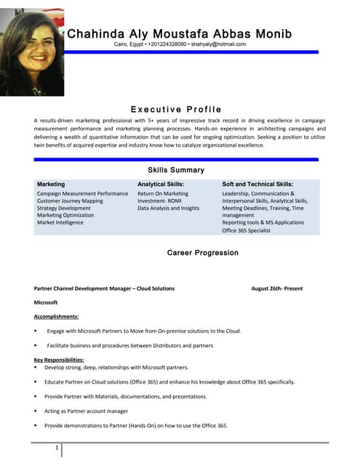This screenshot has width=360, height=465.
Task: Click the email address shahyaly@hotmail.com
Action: [x=218, y=44]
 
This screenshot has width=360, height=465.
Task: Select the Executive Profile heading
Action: [x=176, y=109]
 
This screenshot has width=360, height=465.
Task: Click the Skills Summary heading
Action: [x=176, y=170]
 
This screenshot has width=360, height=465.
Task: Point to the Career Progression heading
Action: [x=202, y=253]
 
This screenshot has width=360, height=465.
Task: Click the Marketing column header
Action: [x=51, y=185]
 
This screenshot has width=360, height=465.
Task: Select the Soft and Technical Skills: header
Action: [x=257, y=185]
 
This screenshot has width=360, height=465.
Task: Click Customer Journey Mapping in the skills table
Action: [x=70, y=201]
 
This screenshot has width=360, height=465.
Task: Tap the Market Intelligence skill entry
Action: [x=60, y=222]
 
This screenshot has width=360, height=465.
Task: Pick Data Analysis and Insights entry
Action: [x=168, y=209]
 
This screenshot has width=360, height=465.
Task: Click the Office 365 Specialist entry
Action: [x=246, y=230]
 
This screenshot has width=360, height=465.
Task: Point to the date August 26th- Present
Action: [x=277, y=288]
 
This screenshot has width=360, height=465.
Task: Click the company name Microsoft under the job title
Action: [x=46, y=302]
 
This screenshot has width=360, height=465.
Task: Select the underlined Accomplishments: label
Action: [x=56, y=317]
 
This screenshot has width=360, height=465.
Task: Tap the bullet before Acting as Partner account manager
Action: [x=36, y=411]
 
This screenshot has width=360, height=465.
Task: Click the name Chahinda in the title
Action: [x=94, y=34]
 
